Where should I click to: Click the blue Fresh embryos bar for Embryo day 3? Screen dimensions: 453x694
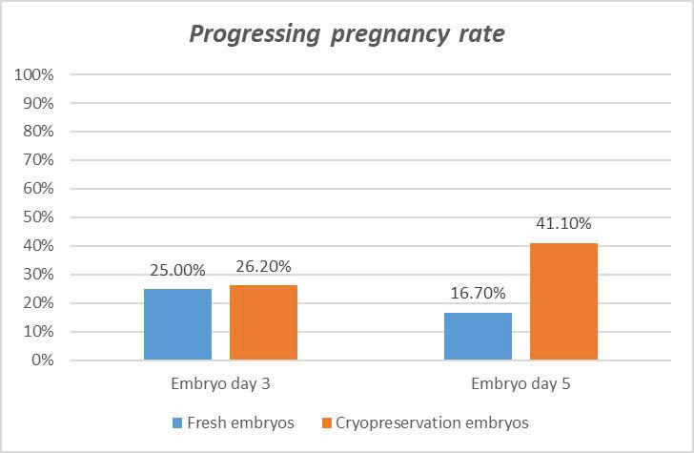[177, 324]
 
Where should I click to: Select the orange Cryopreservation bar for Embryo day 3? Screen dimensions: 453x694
[263, 322]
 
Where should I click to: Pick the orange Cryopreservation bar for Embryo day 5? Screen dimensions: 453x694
[562, 301]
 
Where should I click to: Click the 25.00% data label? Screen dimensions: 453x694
[177, 272]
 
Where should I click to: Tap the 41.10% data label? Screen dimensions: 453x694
[562, 225]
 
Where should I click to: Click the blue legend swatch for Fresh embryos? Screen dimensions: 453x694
[179, 422]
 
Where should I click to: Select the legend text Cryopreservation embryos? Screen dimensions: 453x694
[431, 422]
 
